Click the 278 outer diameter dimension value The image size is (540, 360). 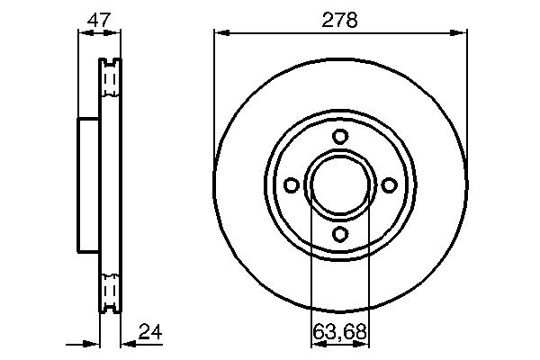coord(339,19)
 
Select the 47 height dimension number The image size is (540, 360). coord(99,19)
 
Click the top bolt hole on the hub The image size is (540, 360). coord(340,136)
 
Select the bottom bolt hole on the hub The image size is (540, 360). coord(340,233)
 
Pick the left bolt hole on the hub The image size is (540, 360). coord(292,184)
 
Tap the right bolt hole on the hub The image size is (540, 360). coord(389,184)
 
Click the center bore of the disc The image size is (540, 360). coord(340,184)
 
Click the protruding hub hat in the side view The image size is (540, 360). coord(88,185)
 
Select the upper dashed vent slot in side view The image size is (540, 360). coord(109,81)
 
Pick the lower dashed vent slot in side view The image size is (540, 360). coord(109,290)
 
